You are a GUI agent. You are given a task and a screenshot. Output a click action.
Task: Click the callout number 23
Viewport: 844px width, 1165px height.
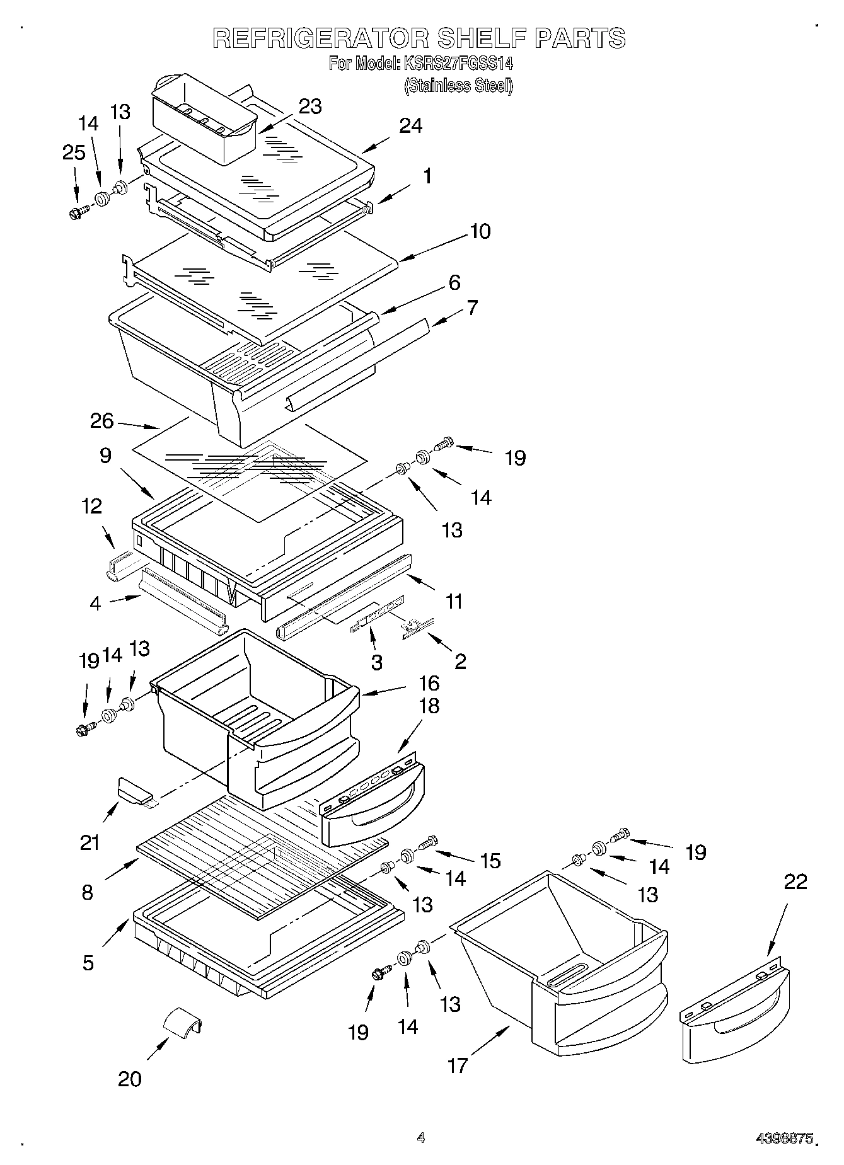point(309,106)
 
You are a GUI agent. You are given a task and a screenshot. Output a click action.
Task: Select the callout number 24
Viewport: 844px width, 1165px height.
point(410,126)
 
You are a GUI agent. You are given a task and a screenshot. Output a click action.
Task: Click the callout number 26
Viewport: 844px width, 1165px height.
point(101,421)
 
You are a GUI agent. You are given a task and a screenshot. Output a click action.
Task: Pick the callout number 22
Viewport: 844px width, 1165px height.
point(795,881)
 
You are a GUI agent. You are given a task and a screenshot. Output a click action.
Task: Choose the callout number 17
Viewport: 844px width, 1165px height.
point(458,1065)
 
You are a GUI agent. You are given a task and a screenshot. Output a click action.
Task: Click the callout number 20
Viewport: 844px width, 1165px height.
point(129,1079)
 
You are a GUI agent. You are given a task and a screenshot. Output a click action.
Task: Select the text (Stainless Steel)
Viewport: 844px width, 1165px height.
point(458,86)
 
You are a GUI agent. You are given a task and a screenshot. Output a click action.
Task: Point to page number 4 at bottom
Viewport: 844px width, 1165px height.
point(420,1137)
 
